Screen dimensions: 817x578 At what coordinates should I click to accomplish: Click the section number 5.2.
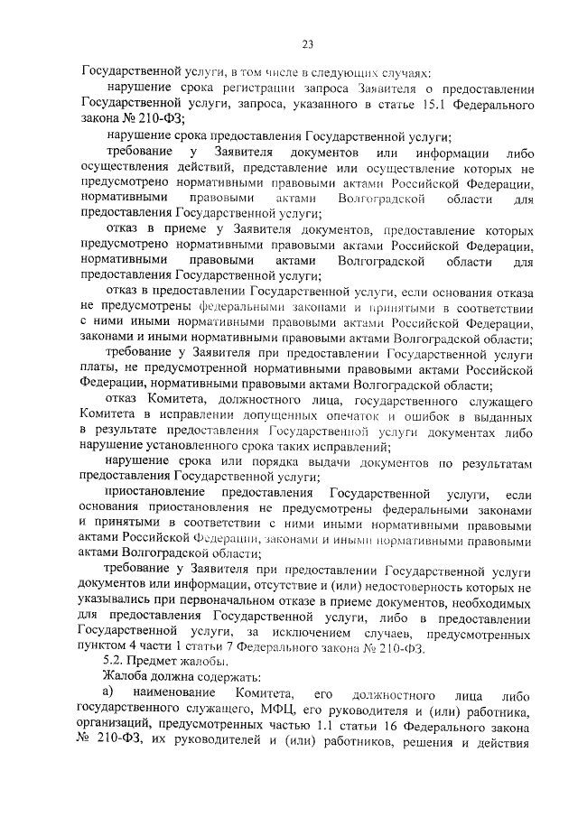[x=116, y=664]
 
